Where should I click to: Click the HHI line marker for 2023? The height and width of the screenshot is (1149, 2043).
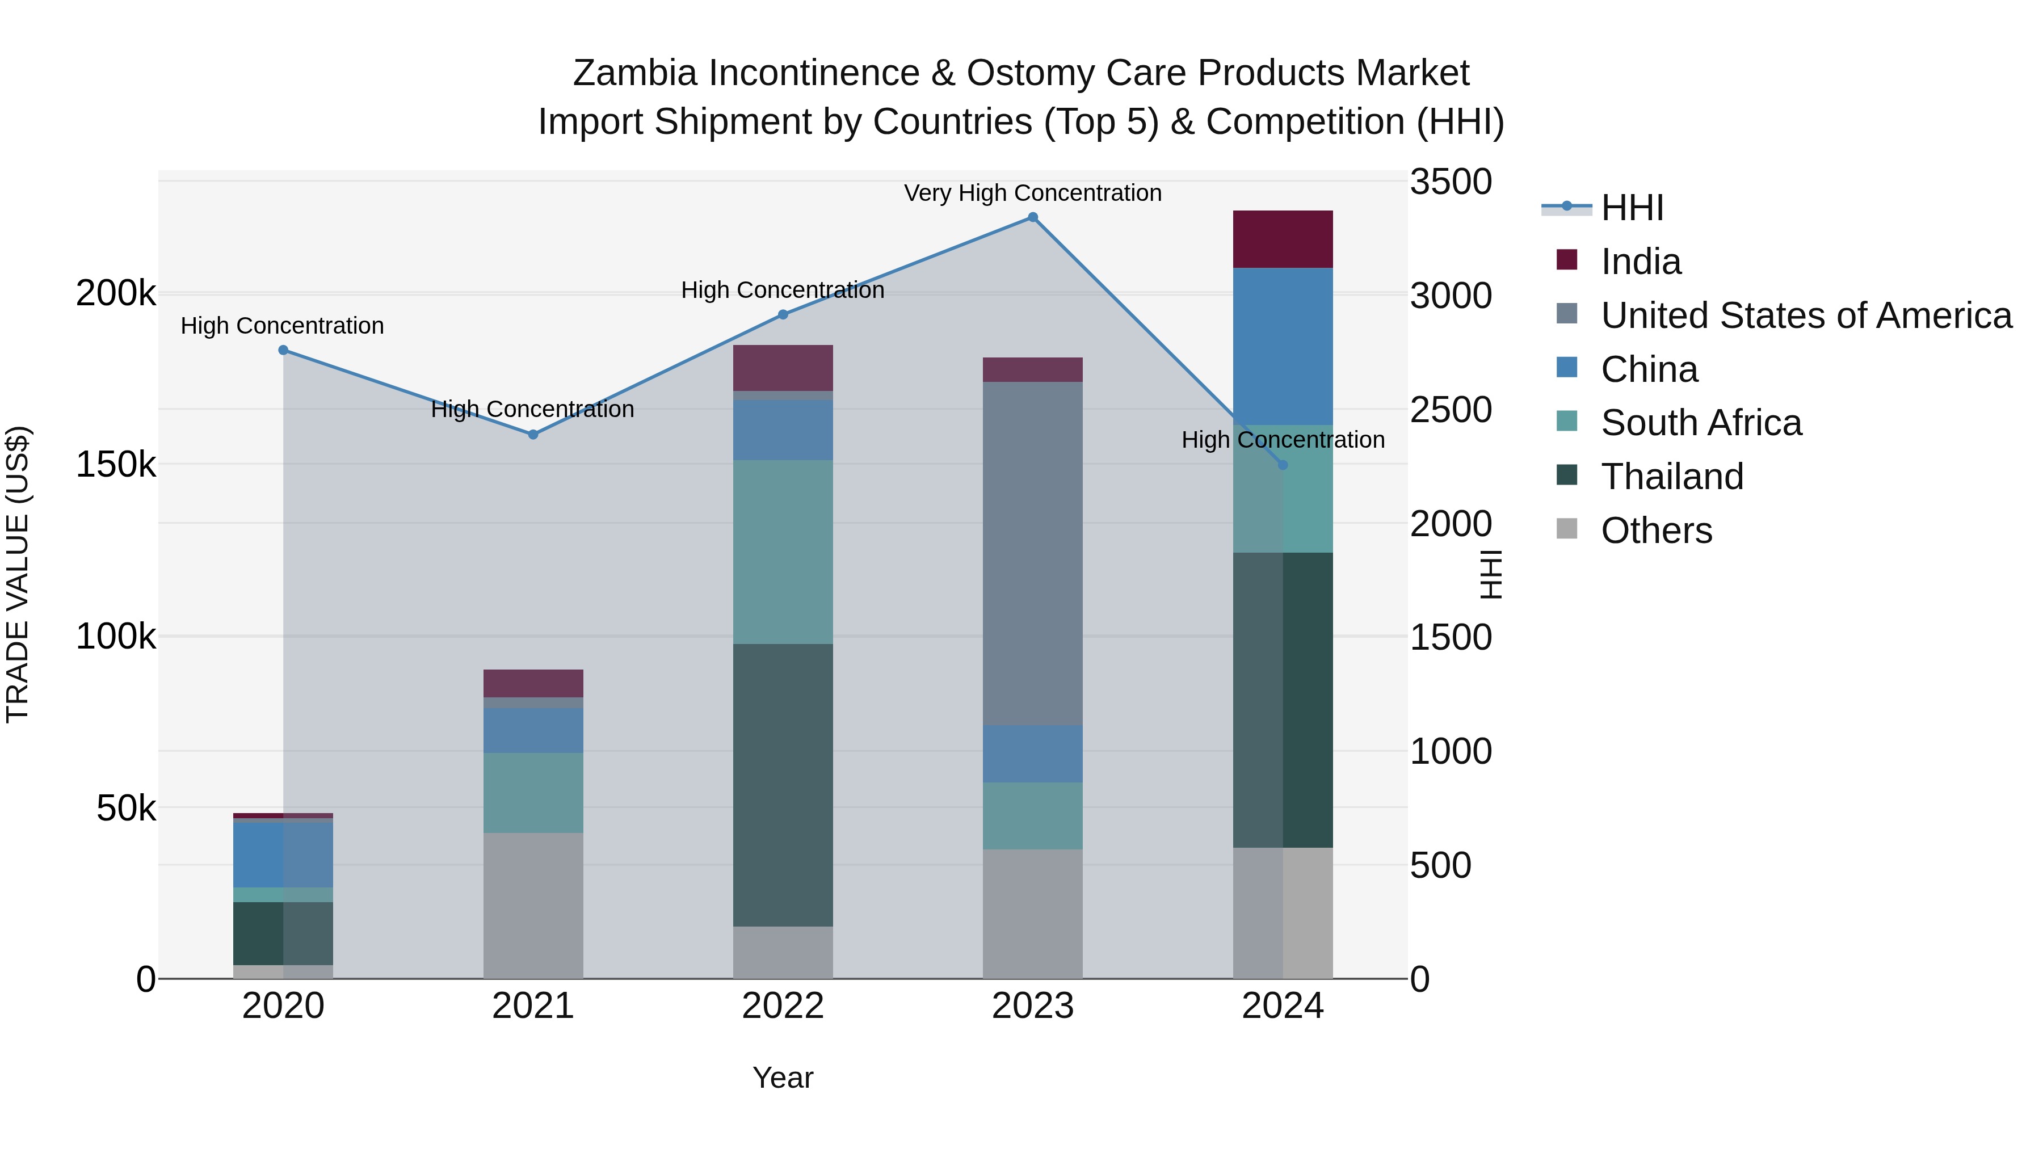point(1033,217)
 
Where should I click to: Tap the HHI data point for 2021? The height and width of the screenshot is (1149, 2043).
point(533,435)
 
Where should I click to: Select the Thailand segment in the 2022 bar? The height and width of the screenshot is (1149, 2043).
point(783,785)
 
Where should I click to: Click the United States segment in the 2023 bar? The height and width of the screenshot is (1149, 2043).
point(1033,553)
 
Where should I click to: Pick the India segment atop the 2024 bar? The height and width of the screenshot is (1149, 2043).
point(1283,239)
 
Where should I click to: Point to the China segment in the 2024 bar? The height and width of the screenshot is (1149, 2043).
point(1283,347)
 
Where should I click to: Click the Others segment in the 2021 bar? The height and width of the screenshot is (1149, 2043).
point(533,906)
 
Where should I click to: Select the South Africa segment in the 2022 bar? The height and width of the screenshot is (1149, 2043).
point(783,552)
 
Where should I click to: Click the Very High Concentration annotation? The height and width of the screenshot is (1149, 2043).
point(1033,193)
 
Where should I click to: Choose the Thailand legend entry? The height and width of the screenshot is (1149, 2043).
point(1672,477)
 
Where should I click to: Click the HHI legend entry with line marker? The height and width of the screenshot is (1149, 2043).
point(1632,208)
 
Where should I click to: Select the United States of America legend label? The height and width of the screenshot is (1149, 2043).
point(1806,315)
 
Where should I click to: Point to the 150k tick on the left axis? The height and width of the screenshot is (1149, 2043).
point(116,465)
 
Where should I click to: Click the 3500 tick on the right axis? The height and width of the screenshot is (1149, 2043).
point(1451,182)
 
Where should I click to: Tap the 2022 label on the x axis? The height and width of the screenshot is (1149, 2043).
point(783,1006)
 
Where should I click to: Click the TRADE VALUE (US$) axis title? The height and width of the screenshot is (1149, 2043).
point(18,574)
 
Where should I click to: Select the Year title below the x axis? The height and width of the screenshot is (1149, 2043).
point(783,1078)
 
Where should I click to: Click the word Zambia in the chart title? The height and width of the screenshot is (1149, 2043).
point(634,73)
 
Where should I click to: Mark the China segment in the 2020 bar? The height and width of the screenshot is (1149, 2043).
point(283,855)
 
